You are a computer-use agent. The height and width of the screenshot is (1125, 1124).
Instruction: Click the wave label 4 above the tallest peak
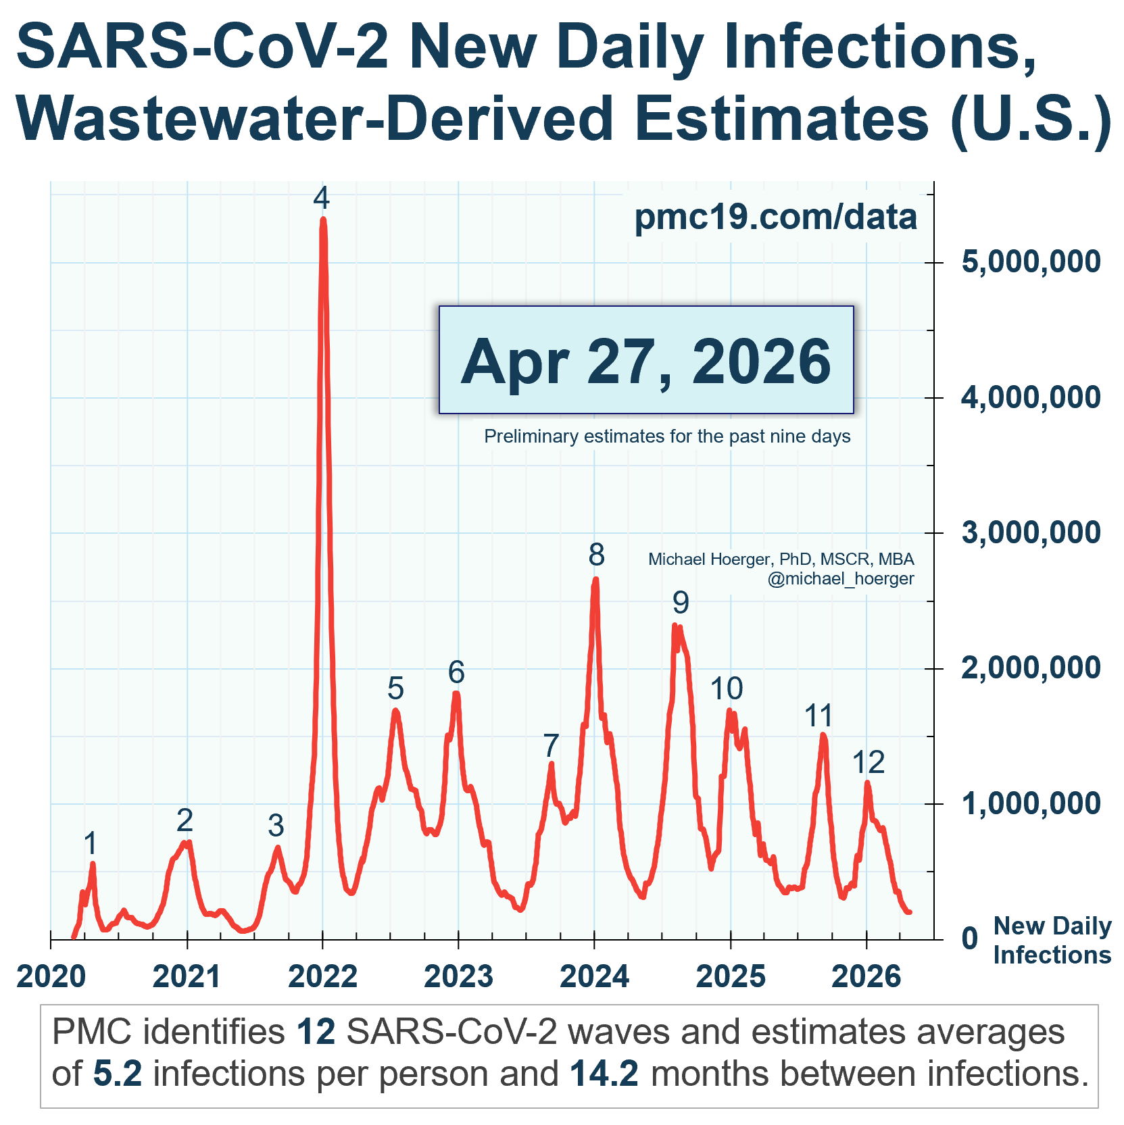tap(322, 199)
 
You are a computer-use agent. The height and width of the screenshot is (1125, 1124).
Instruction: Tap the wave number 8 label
tap(596, 555)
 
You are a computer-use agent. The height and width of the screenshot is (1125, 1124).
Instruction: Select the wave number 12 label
tap(868, 763)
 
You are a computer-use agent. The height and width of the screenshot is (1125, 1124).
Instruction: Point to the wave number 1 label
tap(91, 843)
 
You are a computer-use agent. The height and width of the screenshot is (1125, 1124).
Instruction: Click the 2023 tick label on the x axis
tap(458, 977)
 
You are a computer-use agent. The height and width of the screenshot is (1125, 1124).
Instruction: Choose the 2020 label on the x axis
tap(51, 977)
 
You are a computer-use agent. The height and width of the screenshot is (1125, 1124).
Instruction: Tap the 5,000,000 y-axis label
tap(1031, 262)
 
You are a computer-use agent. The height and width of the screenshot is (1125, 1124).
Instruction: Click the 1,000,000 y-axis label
tap(1031, 803)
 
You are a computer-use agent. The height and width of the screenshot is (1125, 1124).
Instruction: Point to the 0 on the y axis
tap(970, 939)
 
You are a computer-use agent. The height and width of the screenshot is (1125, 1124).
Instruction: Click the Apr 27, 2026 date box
tap(646, 359)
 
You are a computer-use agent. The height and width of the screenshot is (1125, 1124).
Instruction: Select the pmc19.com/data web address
tap(775, 218)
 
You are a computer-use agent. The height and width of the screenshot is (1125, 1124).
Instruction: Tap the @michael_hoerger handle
tap(840, 578)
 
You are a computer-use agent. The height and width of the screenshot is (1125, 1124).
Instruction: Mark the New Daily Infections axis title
tap(1052, 941)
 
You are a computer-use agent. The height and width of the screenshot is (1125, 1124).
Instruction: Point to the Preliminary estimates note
tap(667, 436)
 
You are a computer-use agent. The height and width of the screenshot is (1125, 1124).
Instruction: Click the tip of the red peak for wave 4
tap(323, 219)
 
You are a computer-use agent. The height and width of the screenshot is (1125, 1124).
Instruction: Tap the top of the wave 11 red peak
tap(823, 734)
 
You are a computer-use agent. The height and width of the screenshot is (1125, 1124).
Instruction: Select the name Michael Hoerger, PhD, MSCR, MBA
tap(781, 559)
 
